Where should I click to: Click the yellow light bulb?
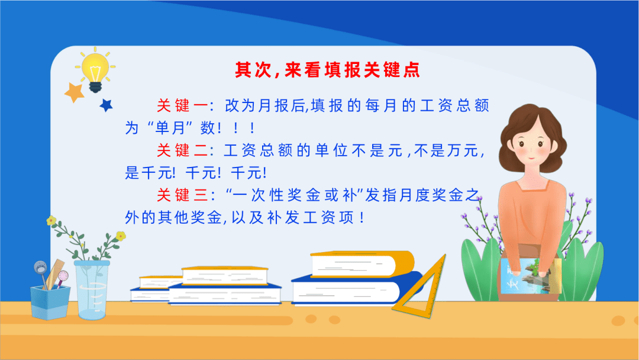coord(95,69)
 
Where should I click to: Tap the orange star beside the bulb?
coord(74,92)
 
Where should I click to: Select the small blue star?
coord(106,105)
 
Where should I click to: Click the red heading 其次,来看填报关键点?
coord(327,70)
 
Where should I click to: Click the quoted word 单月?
coord(170,128)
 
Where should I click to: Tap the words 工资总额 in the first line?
coord(454,105)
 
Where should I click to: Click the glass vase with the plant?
coord(92,290)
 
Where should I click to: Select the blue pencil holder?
coord(50,302)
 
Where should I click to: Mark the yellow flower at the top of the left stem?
coord(51,221)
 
